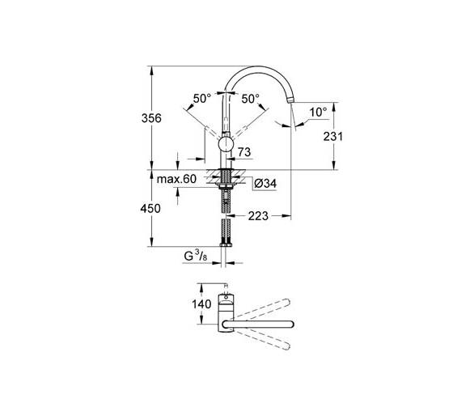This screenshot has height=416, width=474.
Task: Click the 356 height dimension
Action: [151, 118]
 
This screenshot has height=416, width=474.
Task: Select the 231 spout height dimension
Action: [332, 137]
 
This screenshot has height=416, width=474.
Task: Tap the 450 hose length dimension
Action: [150, 209]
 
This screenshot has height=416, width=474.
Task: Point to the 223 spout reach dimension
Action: [258, 216]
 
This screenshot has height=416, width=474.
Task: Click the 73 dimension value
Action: [244, 152]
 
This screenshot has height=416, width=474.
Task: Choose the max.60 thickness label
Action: [176, 179]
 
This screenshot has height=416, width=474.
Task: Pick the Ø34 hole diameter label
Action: [265, 184]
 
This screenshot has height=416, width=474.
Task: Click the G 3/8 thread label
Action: [196, 257]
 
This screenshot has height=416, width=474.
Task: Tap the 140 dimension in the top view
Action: [201, 304]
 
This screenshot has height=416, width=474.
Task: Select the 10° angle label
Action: [319, 112]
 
